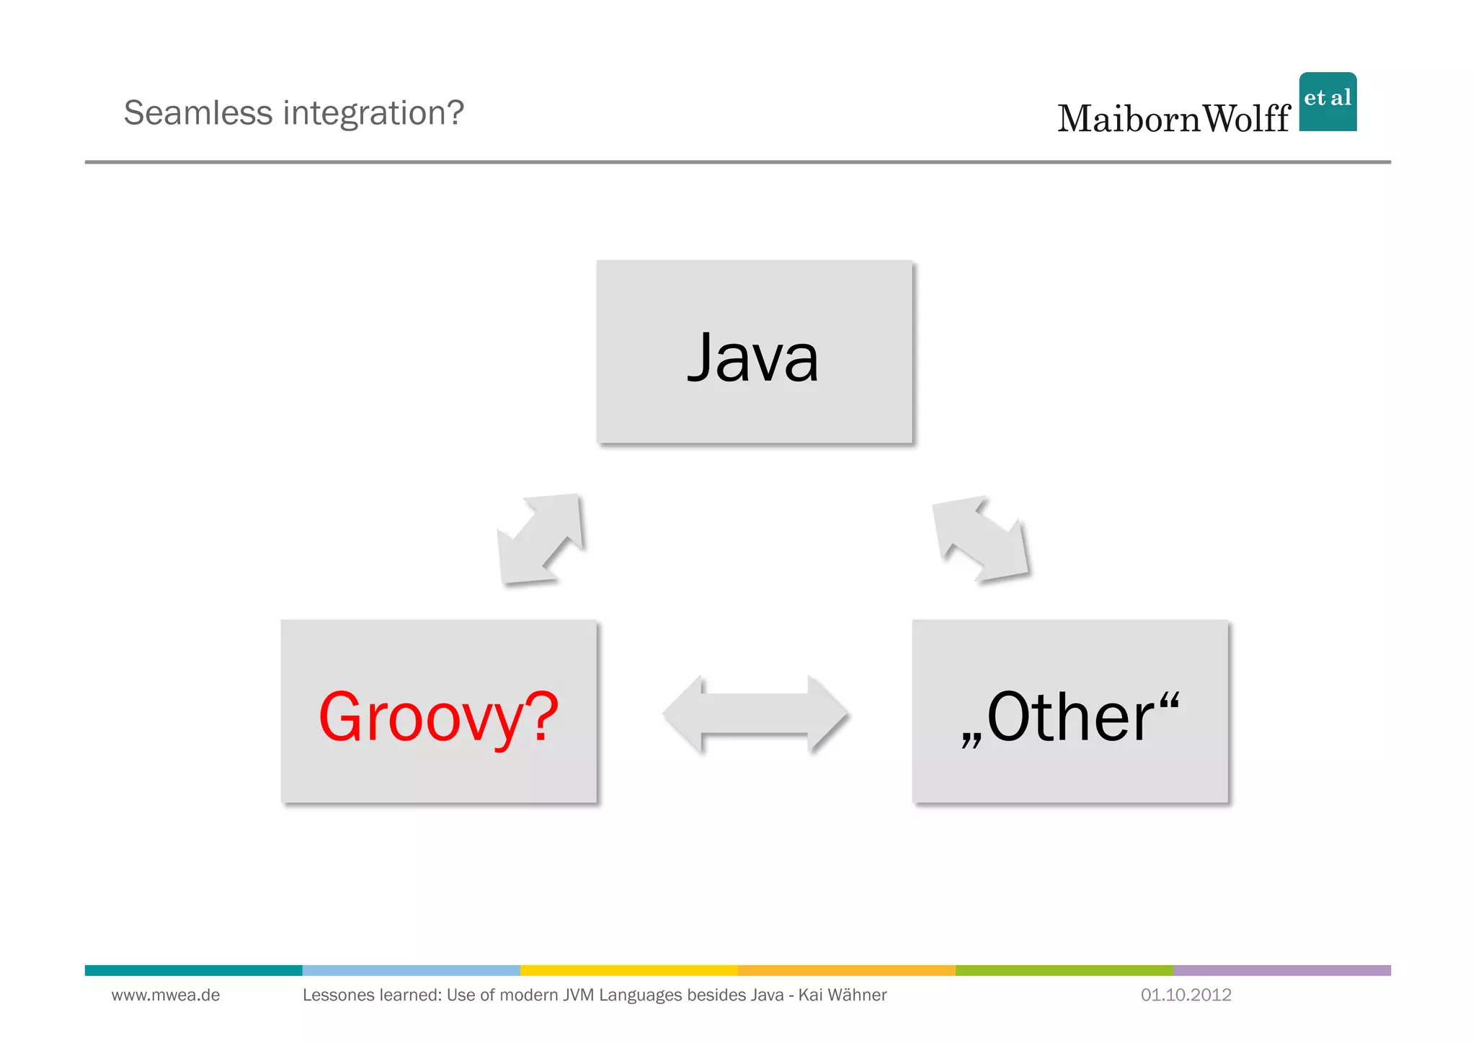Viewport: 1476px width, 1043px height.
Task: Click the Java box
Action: tap(754, 352)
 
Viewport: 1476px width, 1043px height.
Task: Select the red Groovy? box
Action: tap(438, 711)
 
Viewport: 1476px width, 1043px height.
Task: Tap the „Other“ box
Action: tap(1070, 711)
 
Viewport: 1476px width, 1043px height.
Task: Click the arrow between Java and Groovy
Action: tap(541, 538)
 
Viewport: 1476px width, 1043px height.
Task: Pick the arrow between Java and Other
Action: tap(981, 538)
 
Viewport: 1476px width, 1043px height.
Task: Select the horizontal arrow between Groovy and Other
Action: tap(755, 714)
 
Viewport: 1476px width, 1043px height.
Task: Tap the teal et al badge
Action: tap(1328, 102)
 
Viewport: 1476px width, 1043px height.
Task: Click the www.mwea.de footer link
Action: tap(166, 995)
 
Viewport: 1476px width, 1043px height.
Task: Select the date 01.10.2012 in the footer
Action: tap(1186, 995)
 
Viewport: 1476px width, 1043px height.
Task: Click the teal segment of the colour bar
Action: tap(193, 970)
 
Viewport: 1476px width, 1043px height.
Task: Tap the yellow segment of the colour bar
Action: tap(628, 970)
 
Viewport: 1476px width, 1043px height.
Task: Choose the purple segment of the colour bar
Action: tap(1281, 970)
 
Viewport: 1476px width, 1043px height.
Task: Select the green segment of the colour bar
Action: tap(1064, 970)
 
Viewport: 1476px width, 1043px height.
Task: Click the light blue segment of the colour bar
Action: tap(411, 970)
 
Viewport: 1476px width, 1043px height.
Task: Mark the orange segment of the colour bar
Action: tap(846, 970)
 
